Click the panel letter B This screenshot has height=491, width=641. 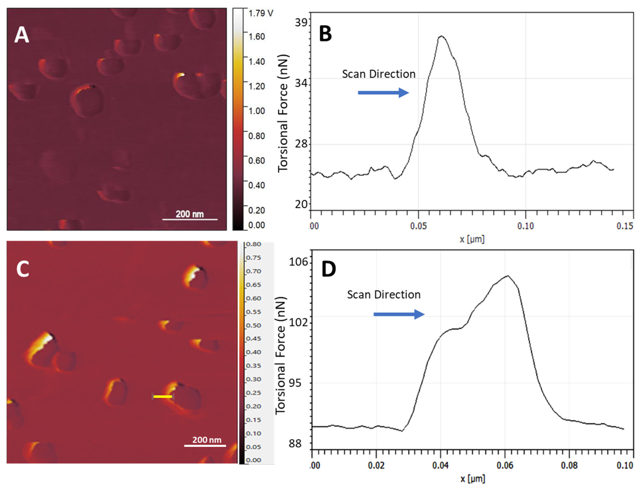(x=325, y=34)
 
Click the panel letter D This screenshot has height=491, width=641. (x=328, y=269)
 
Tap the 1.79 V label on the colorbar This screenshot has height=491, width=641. (x=260, y=13)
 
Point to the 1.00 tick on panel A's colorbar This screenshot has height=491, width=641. (x=256, y=111)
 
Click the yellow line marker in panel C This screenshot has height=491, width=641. (x=163, y=397)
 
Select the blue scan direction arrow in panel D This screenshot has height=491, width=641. (x=399, y=315)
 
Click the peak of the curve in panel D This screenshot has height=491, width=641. (x=508, y=276)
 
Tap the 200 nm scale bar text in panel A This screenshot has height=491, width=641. (x=190, y=214)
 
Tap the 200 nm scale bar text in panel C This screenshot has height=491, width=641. (x=207, y=440)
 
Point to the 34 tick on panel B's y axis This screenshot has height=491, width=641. (x=301, y=83)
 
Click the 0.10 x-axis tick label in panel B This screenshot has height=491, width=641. (x=525, y=226)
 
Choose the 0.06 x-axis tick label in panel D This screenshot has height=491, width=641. (x=505, y=465)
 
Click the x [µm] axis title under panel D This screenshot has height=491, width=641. (x=472, y=479)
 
